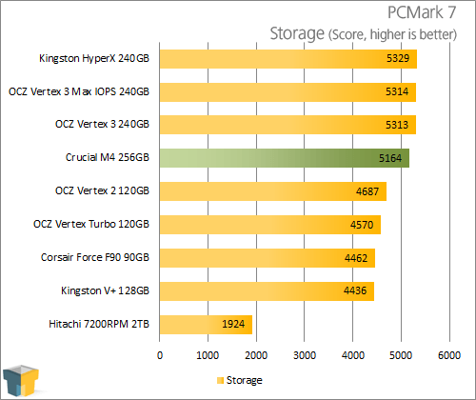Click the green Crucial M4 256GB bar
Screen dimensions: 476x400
pos(285,158)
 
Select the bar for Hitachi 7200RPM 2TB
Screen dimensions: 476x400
pos(206,325)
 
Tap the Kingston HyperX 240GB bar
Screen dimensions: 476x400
pos(288,59)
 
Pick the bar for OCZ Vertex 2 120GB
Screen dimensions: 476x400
pos(273,191)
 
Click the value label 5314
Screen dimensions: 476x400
pos(397,91)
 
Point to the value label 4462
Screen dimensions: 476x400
pos(356,258)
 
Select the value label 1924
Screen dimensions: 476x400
pos(233,324)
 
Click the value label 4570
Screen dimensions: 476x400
pos(362,225)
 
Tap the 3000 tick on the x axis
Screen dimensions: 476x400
pos(305,355)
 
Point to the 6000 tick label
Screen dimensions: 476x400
pos(449,355)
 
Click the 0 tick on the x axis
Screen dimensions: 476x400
pos(160,355)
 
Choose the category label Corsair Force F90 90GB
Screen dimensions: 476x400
pos(95,257)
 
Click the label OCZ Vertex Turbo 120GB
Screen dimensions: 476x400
pos(91,224)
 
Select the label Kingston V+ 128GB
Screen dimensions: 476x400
pos(105,290)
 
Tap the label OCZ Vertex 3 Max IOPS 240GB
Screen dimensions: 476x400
pos(79,91)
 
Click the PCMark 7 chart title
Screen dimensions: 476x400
pos(422,12)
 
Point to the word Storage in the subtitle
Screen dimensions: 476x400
pos(297,33)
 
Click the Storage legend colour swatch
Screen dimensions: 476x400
pos(220,380)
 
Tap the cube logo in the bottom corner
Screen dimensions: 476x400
pos(21,381)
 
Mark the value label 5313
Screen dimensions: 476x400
pos(397,125)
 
